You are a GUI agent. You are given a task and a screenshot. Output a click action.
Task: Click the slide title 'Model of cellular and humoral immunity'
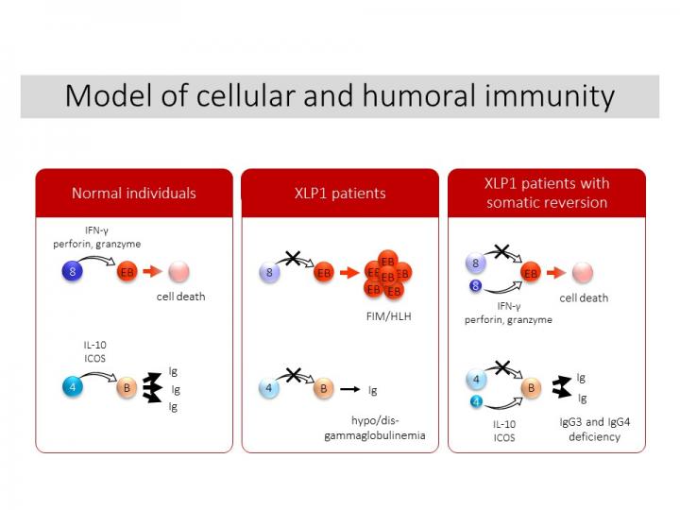pyautogui.click(x=340, y=96)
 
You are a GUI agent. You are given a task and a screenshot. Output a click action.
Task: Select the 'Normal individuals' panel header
pyautogui.click(x=134, y=193)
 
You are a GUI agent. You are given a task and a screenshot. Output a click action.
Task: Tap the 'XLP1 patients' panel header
pyautogui.click(x=340, y=193)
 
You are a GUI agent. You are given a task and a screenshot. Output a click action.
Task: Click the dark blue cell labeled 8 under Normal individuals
pyautogui.click(x=76, y=272)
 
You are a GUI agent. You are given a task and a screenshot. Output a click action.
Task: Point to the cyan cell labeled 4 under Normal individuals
pyautogui.click(x=76, y=386)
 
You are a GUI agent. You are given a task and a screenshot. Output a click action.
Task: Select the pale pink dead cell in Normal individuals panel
pyautogui.click(x=178, y=272)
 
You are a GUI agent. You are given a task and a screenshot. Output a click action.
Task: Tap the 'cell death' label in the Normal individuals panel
pyautogui.click(x=180, y=297)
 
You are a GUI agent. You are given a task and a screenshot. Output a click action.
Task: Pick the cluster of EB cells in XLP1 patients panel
pyautogui.click(x=387, y=274)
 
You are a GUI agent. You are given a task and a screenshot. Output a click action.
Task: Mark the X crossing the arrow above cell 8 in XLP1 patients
pyautogui.click(x=295, y=261)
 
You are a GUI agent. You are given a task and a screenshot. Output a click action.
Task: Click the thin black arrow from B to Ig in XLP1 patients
pyautogui.click(x=350, y=388)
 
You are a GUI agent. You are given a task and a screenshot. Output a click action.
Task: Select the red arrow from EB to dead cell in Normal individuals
pyautogui.click(x=152, y=272)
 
